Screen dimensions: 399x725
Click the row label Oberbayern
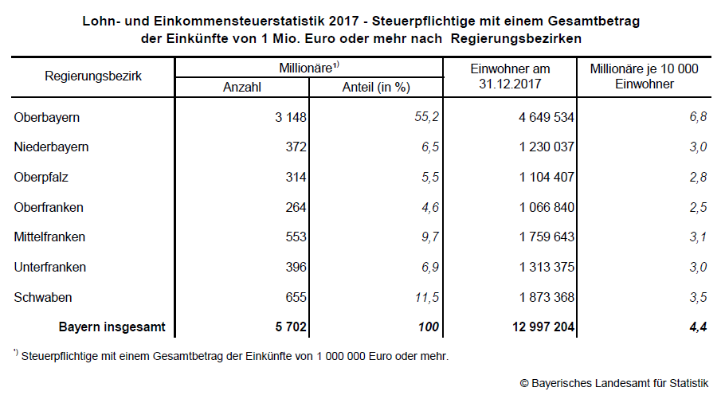47,118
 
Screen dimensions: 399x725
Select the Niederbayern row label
51,147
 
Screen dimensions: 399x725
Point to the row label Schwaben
43,297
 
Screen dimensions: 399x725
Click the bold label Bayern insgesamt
112,327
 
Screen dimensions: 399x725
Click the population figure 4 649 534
535,118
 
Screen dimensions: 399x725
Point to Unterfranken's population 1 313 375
535,267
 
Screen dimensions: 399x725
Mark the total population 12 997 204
531,327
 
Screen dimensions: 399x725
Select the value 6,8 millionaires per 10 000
698,118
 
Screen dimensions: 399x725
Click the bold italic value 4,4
698,327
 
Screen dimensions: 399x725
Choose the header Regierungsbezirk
93,76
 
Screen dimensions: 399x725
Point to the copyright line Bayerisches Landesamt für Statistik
613,384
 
